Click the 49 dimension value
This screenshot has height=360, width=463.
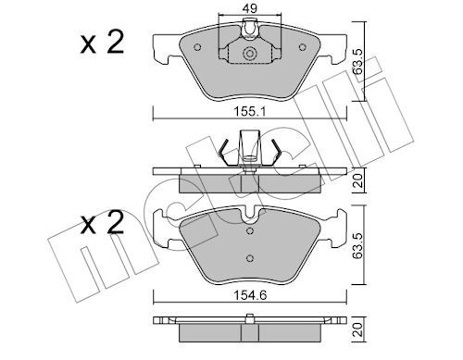point(249,8)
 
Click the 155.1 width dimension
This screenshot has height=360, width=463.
point(249,111)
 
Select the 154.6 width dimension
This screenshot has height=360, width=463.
point(250,295)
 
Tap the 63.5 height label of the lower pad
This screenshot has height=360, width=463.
point(358,245)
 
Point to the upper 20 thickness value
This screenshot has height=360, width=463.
point(358,180)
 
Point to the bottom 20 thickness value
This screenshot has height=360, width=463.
point(358,329)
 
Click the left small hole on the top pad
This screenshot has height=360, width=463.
point(197,47)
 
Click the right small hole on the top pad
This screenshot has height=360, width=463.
point(302,47)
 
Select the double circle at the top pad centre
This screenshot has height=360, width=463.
point(249,54)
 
